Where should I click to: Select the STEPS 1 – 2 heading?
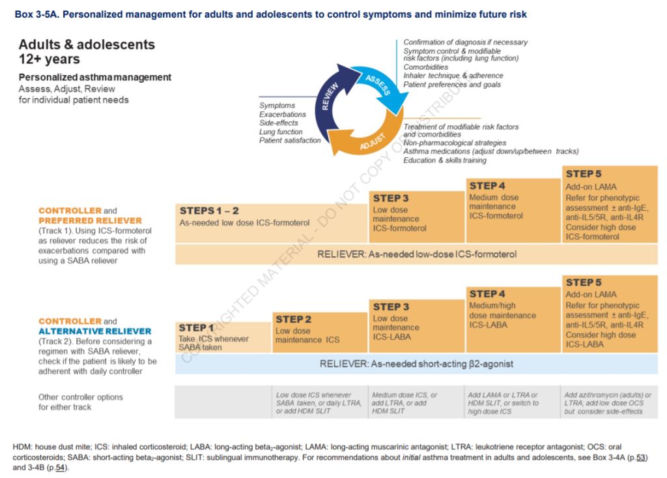tap(209, 211)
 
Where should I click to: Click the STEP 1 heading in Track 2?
tap(196, 328)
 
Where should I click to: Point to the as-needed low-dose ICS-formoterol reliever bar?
tap(416, 254)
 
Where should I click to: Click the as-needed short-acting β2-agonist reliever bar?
tap(416, 364)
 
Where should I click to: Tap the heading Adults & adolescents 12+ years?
tap(87, 52)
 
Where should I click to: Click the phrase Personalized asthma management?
tap(95, 78)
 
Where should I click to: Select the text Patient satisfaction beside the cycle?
tap(290, 140)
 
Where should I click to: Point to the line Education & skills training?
tap(445, 160)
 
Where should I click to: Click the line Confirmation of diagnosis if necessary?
tap(465, 42)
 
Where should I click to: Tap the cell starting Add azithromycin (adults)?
tap(608, 403)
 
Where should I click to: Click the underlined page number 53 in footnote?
tap(640, 458)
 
